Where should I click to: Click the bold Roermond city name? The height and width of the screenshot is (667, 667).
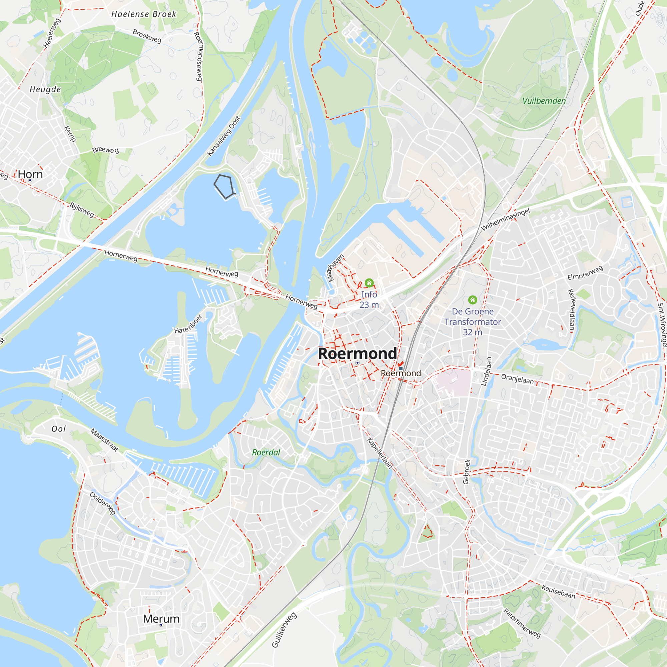point(357,353)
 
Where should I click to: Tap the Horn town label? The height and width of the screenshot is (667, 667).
point(30,174)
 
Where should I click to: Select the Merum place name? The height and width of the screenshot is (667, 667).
point(161,619)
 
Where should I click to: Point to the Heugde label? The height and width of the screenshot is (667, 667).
point(45,89)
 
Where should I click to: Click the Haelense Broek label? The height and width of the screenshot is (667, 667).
point(144,14)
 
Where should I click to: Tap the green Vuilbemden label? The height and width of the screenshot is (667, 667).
point(544,101)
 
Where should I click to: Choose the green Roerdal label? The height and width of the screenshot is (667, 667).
point(266,452)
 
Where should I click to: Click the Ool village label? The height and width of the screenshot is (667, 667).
point(58,429)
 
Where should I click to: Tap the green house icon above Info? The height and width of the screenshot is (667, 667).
point(369,283)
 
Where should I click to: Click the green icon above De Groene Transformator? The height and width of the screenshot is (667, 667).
point(473,300)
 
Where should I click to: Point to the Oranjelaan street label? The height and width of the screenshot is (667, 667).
point(517,379)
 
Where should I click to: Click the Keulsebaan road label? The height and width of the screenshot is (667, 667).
point(558,592)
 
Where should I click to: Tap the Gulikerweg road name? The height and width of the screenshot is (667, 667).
point(284,630)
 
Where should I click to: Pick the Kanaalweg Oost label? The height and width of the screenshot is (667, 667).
point(223,136)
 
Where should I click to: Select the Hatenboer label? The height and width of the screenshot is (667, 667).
point(188,324)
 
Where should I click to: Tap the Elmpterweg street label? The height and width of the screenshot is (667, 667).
point(585,273)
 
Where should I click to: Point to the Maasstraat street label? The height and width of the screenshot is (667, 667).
point(105,440)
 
